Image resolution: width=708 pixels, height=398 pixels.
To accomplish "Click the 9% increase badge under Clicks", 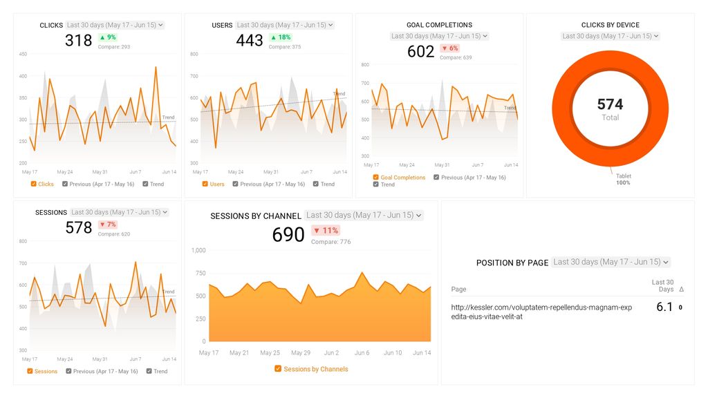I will [107, 37].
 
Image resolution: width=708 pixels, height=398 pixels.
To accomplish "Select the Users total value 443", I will [250, 41].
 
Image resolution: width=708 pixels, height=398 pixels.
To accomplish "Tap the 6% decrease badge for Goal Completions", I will [449, 48].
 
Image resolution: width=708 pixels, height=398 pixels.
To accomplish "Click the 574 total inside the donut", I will [610, 104].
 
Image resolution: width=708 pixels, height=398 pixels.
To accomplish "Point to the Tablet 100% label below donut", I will [623, 179].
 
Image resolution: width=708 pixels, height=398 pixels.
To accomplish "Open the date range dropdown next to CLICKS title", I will [115, 25].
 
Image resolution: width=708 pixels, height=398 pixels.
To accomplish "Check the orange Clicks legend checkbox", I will [34, 184].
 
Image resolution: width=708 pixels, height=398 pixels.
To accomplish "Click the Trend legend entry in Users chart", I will [324, 184].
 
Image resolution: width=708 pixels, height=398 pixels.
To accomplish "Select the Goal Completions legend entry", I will [399, 178].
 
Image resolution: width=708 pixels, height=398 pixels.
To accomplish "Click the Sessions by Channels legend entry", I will [311, 369].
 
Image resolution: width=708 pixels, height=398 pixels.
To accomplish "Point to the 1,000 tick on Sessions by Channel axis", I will [198, 250].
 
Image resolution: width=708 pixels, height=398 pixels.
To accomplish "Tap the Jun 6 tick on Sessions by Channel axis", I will [362, 352].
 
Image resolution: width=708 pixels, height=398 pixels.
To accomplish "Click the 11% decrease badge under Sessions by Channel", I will [326, 231].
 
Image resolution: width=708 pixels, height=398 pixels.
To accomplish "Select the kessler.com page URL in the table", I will [531, 312].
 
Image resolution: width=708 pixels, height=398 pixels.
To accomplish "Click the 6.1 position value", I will [664, 307].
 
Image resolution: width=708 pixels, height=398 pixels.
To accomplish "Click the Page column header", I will [458, 289].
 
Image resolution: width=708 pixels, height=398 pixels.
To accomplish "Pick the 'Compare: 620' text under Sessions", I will [114, 234].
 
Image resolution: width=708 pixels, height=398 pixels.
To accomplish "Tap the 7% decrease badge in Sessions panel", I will [107, 225].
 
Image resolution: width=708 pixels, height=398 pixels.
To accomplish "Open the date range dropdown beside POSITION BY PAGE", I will [611, 263].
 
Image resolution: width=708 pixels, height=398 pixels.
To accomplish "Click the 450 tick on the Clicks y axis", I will [24, 54].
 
